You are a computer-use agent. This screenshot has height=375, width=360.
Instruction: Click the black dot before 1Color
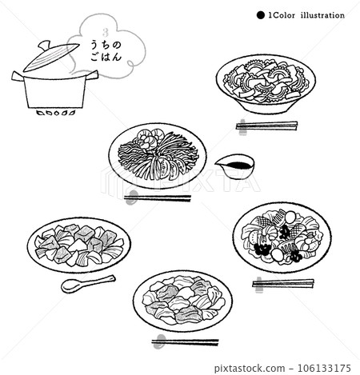coord(260,14)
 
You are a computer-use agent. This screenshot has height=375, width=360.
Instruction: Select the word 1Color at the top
coord(281,14)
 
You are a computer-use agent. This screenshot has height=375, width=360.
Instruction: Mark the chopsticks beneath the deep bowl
coord(267,126)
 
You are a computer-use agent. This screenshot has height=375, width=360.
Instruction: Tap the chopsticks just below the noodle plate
coord(158,198)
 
